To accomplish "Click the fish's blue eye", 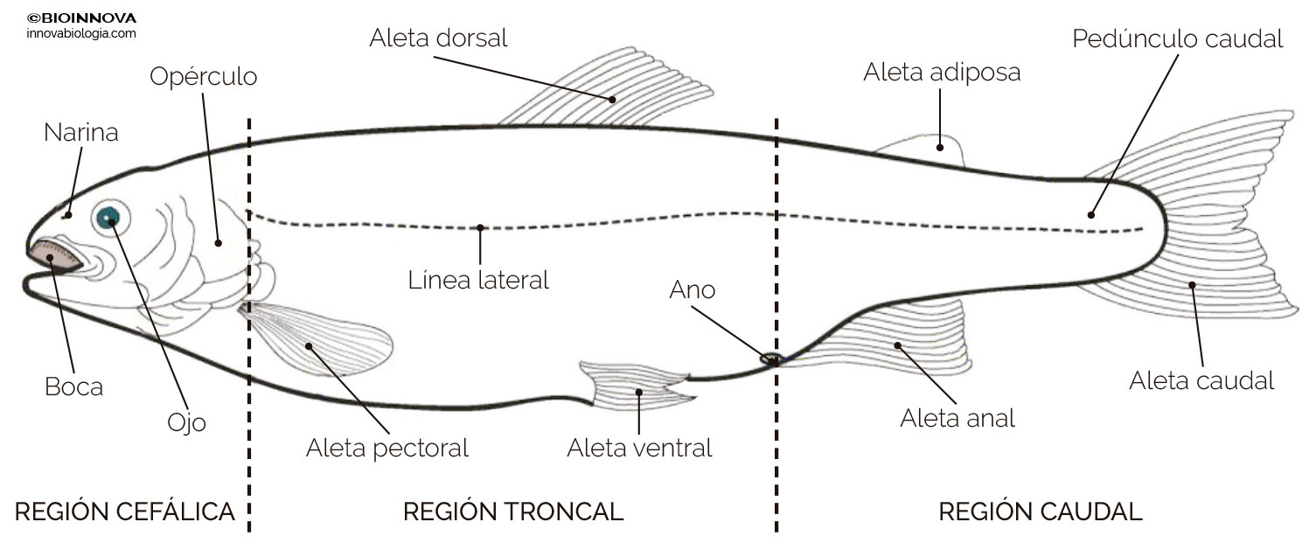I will click(x=109, y=217).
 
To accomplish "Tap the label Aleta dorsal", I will click(x=438, y=38).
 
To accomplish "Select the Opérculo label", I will click(x=204, y=77).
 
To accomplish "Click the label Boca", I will click(x=74, y=386).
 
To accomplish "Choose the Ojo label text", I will click(x=186, y=422).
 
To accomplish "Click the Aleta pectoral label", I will click(x=386, y=449).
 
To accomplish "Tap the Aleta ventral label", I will click(x=639, y=449).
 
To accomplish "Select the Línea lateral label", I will click(x=478, y=281).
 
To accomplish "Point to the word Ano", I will click(x=693, y=289).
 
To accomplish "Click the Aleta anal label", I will click(x=957, y=418).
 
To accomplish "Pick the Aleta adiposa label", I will click(x=942, y=72).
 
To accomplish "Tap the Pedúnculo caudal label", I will click(x=1178, y=38).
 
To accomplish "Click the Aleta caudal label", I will click(x=1201, y=380).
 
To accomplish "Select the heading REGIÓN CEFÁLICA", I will click(x=125, y=512).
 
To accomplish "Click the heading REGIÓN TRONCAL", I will click(x=513, y=512).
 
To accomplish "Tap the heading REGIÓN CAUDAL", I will click(x=1041, y=512).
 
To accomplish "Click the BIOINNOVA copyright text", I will click(x=82, y=17).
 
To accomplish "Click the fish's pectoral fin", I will click(x=324, y=339).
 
